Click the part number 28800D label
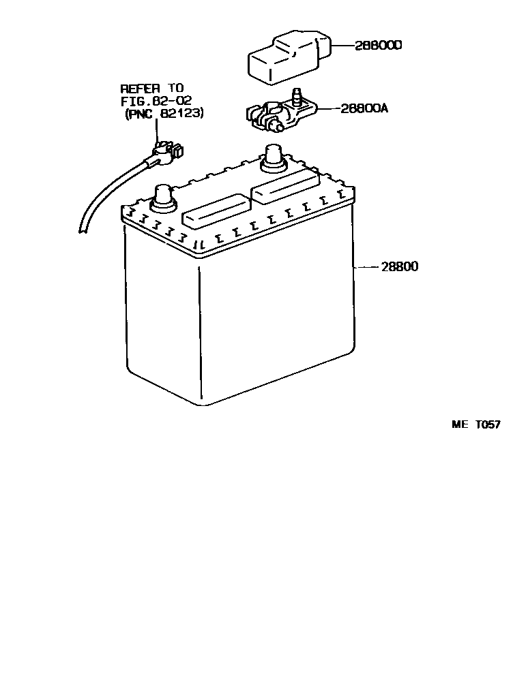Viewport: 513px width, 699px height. [379, 46]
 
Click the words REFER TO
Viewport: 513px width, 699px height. [152, 89]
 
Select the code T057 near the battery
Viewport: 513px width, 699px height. [488, 424]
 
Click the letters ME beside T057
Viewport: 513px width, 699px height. [460, 424]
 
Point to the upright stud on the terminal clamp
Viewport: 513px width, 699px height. [297, 96]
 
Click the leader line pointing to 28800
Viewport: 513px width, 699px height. [366, 266]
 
